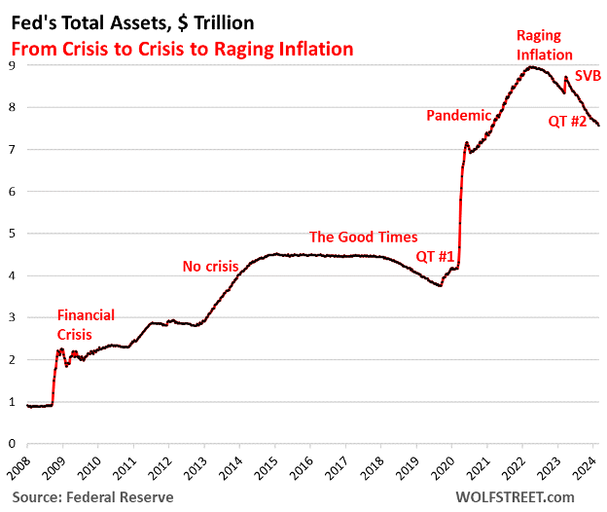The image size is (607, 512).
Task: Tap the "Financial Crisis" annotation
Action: tap(86, 323)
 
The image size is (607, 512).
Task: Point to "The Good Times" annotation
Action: tap(363, 237)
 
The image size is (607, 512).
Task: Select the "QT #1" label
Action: tap(436, 256)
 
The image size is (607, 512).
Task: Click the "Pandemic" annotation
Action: tap(459, 116)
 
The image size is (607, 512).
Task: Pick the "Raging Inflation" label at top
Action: tap(544, 46)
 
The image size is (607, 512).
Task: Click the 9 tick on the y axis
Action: tap(11, 65)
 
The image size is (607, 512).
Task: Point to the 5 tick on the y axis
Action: tap(11, 234)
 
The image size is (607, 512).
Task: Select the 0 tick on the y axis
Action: tap(11, 444)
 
